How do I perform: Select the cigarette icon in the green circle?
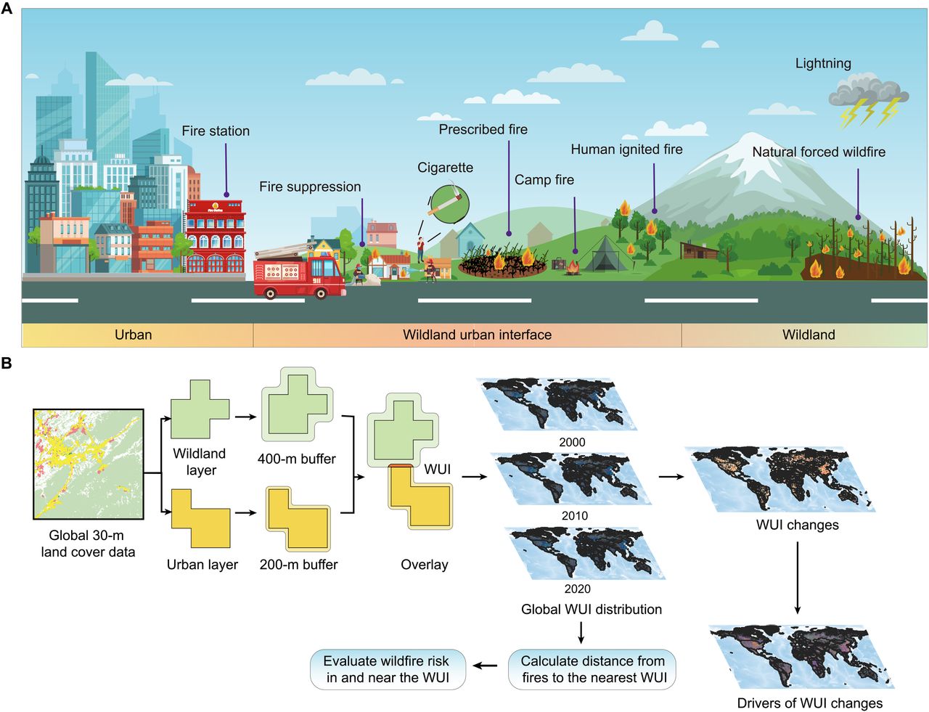[449, 202]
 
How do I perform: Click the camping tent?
[605, 254]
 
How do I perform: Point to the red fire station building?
[216, 236]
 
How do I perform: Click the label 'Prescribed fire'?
[483, 130]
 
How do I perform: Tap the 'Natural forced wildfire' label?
[818, 152]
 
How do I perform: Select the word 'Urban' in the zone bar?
[134, 335]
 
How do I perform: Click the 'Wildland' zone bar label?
[809, 335]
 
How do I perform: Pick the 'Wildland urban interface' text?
[477, 335]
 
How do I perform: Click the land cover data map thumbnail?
[88, 464]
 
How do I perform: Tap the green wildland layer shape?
[200, 409]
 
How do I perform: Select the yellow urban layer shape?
[201, 519]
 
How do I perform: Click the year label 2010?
[574, 516]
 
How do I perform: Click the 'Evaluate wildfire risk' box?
[387, 669]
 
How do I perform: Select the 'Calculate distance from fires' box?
[592, 669]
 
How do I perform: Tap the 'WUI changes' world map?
[780, 480]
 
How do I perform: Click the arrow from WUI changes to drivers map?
[798, 577]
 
